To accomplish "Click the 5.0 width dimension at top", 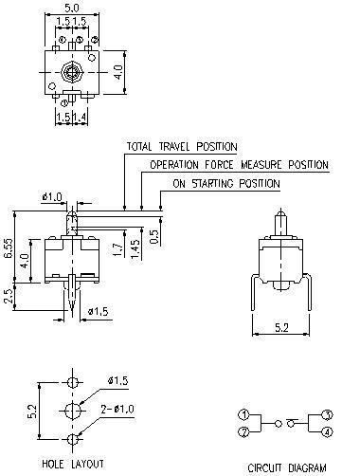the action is [x=72, y=7].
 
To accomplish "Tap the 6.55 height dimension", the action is [x=9, y=247].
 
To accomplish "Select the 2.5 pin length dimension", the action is [x=9, y=296].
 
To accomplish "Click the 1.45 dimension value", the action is [x=135, y=249].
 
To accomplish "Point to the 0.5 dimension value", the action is [x=153, y=236].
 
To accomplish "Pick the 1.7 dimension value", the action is [x=117, y=249].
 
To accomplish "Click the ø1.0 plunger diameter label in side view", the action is [x=52, y=197].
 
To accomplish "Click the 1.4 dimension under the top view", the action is [x=80, y=118].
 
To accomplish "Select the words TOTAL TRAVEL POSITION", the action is [x=182, y=147].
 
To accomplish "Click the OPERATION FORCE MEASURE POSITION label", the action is [x=239, y=165].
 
